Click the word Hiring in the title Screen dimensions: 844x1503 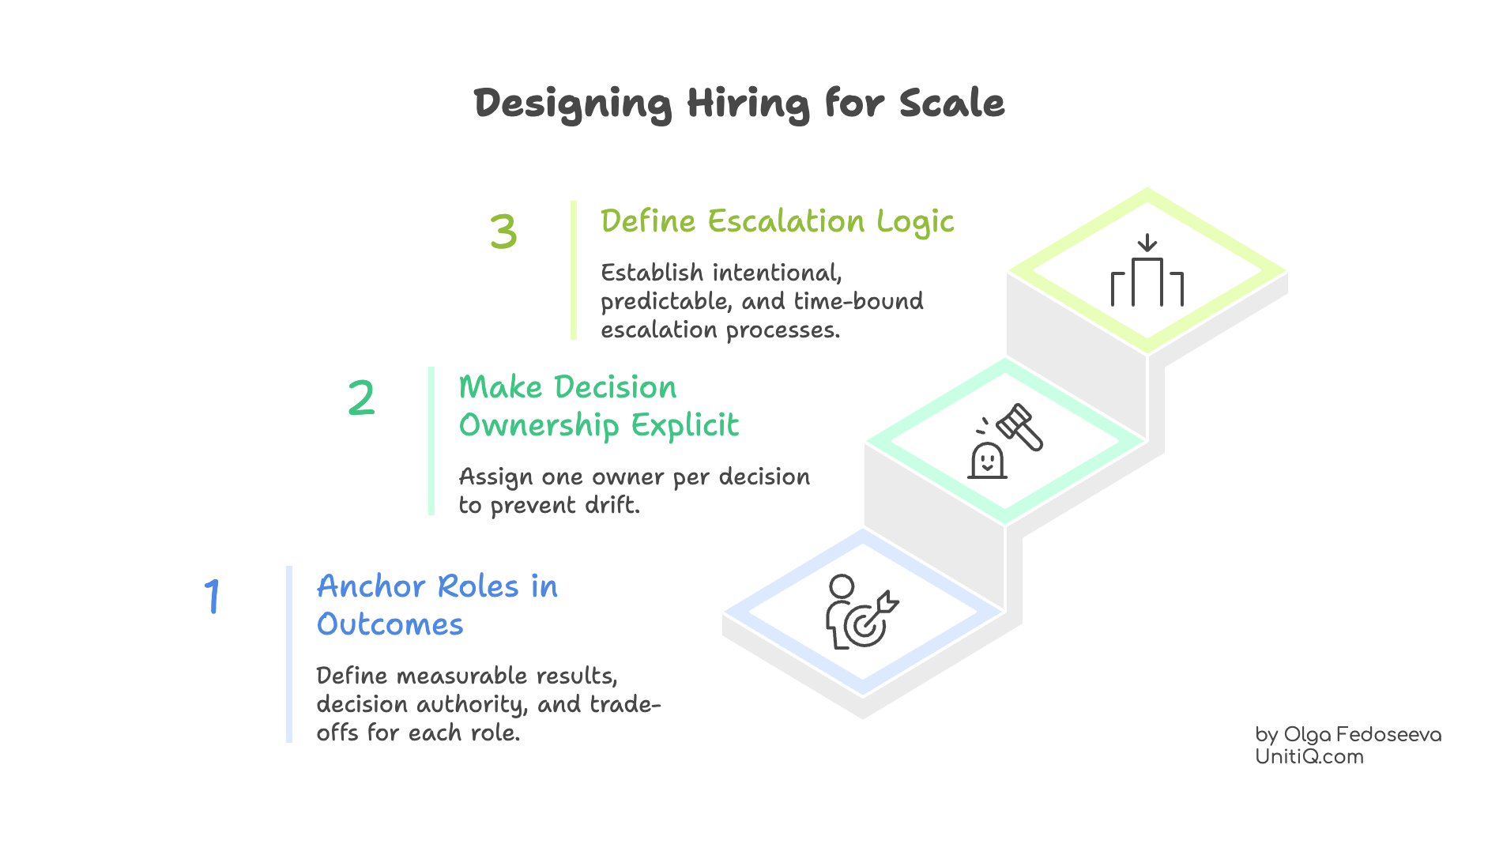click(748, 104)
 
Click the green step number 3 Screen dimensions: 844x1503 click(503, 231)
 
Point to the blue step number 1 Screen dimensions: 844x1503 click(212, 596)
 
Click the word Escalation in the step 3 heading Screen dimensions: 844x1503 click(786, 221)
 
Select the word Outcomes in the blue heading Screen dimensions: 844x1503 click(390, 624)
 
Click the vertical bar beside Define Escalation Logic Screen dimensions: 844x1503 click(574, 270)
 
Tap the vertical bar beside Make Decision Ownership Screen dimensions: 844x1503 click(431, 441)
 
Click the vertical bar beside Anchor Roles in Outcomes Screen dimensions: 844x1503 click(289, 654)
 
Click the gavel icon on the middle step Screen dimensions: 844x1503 click(1019, 428)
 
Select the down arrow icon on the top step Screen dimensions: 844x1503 click(1147, 243)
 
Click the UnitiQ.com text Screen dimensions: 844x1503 click(1309, 756)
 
